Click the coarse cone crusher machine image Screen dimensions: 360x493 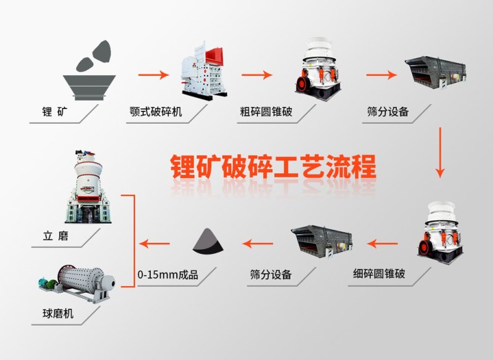coord(316,69)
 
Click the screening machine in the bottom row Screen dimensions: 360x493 coord(320,241)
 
